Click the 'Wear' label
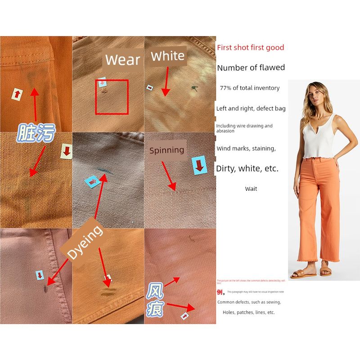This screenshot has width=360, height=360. [x=122, y=59]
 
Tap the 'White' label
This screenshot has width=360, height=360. [x=167, y=56]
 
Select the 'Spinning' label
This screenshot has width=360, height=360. [x=166, y=150]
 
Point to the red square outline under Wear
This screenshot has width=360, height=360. [x=112, y=97]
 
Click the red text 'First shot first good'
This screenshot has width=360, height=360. [x=250, y=48]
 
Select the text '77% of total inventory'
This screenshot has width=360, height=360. [x=250, y=88]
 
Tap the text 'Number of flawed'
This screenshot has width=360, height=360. [x=251, y=68]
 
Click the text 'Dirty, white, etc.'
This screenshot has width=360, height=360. [x=247, y=169]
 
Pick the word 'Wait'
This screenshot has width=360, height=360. [x=251, y=189]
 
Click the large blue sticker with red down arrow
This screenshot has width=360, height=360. [x=198, y=166]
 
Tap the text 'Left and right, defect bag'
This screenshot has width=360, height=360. [x=251, y=108]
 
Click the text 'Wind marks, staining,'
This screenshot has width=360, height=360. [x=246, y=148]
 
